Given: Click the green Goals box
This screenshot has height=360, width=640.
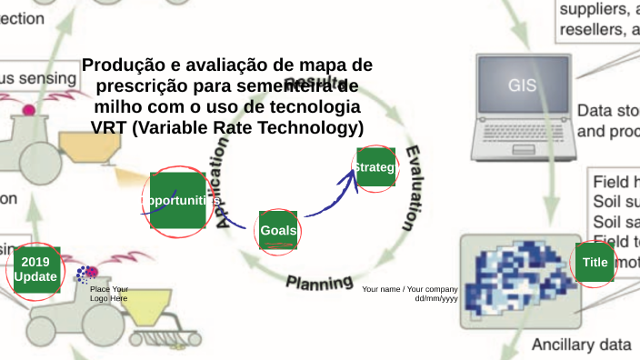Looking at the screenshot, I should click(278, 230).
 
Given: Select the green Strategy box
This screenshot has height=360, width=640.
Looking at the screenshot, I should click(375, 168).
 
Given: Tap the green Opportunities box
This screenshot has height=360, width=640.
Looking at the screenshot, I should click(178, 200).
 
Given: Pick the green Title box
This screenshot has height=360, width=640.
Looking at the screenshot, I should click(595, 263).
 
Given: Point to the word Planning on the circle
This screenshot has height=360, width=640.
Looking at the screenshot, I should click(319, 281).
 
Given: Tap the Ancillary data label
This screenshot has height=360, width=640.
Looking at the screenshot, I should click(581, 345).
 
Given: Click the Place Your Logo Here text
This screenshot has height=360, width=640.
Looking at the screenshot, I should click(108, 294).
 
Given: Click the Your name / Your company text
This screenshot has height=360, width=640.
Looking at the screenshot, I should click(409, 289).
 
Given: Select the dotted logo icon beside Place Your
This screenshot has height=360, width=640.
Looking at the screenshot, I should click(87, 273).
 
